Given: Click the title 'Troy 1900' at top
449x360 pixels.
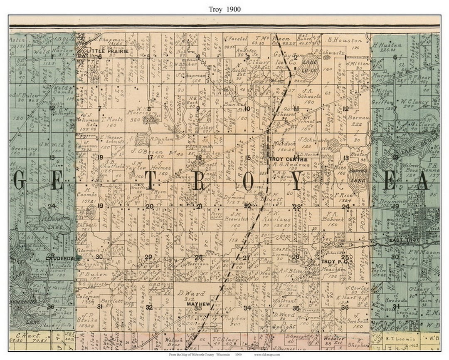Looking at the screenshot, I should (224, 9).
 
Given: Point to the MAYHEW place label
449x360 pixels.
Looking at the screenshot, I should (196, 304).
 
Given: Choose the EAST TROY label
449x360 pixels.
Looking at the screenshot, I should (402, 241).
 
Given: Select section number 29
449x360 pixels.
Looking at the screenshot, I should (148, 257).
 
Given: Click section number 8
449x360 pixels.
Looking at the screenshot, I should (148, 109).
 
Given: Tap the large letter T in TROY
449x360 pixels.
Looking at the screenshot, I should (150, 181).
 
